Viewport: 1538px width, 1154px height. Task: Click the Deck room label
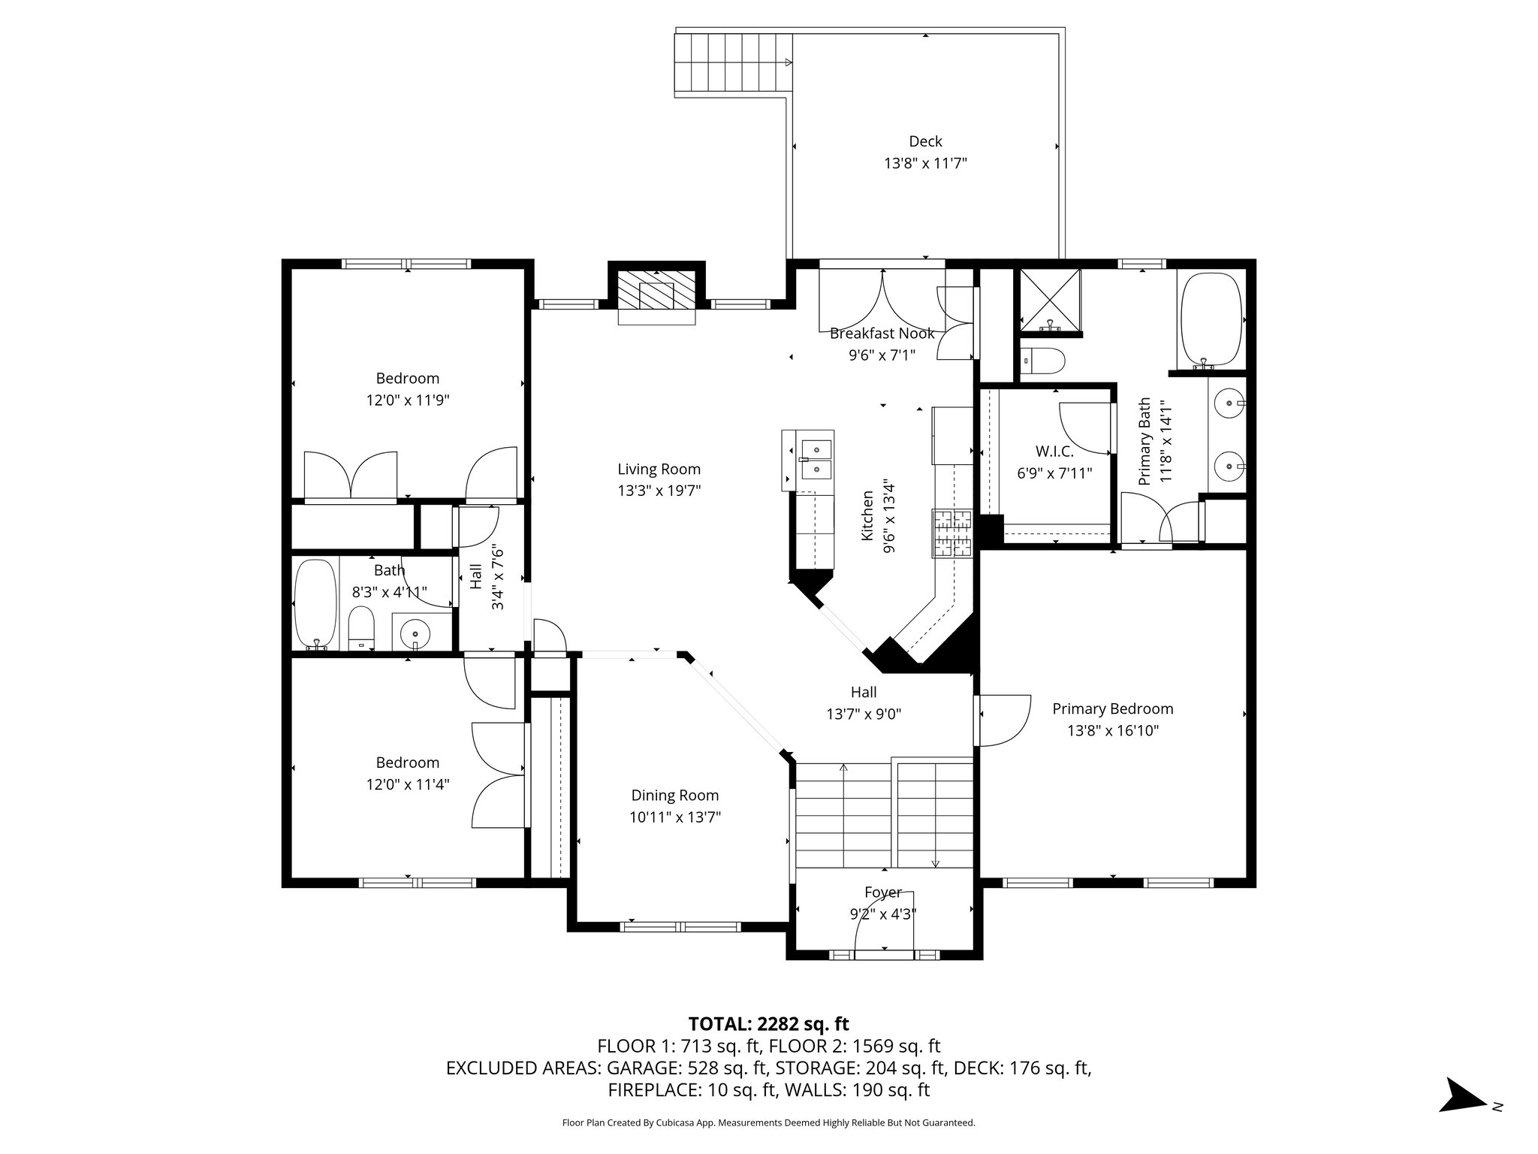point(925,141)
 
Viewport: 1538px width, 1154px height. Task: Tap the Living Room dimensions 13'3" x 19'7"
point(659,491)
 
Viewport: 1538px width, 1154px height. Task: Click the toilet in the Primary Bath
point(1043,361)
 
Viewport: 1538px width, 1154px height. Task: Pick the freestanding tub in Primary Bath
point(1211,319)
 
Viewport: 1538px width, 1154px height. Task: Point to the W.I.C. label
point(1054,451)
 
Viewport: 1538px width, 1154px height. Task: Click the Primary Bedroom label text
point(1112,708)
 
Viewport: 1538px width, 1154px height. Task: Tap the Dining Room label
point(674,795)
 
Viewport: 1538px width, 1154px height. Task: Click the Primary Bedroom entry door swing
point(1003,720)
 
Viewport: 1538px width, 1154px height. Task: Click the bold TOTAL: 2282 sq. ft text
point(768,1023)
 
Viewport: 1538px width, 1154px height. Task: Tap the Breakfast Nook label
point(882,333)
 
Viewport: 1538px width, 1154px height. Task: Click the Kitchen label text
point(868,515)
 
